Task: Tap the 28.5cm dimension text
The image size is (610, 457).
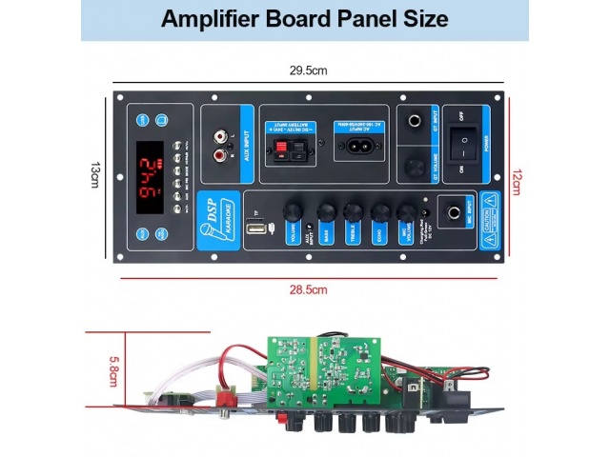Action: click(x=308, y=288)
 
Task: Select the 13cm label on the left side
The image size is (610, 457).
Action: click(x=94, y=175)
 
